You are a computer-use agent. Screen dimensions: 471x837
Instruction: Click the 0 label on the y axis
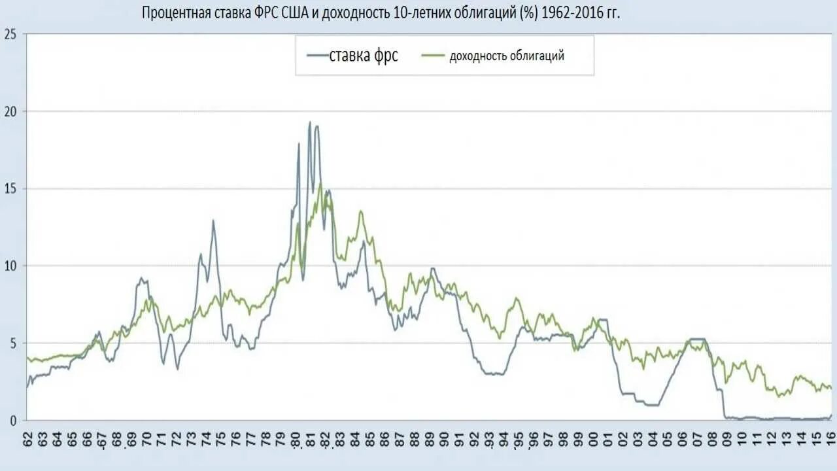[x=12, y=421]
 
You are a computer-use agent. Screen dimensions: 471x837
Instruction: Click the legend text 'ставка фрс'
[x=364, y=56]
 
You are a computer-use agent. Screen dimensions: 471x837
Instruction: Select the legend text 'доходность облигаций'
[x=507, y=56]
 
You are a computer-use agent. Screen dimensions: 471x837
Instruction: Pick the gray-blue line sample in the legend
[x=316, y=56]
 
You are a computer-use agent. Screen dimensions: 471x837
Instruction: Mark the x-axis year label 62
[x=27, y=439]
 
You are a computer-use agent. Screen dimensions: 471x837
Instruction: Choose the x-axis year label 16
[x=831, y=439]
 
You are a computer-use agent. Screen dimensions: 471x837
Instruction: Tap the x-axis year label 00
[x=593, y=439]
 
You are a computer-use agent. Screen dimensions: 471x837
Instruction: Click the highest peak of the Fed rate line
[x=309, y=122]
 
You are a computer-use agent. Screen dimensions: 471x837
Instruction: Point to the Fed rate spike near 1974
[x=213, y=220]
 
